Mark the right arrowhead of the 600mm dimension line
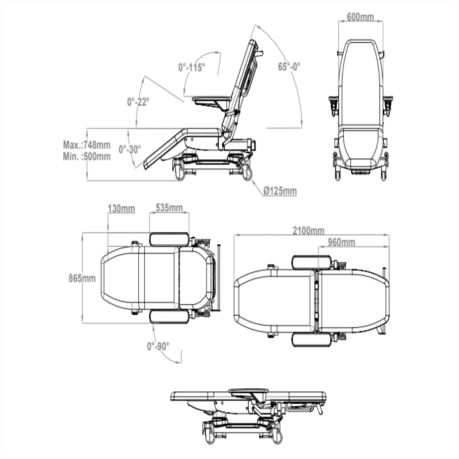point(380,21)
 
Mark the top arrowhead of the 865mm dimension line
point(83,235)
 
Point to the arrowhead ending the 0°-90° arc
point(178,363)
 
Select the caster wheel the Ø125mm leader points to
point(247,173)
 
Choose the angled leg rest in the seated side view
point(164,149)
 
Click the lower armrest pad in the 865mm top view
point(169,316)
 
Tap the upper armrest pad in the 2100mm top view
point(312,262)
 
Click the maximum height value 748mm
point(97,145)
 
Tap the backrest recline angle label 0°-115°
point(192,67)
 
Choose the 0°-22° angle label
point(138,102)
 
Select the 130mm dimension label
point(121,209)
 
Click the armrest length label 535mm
point(169,208)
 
